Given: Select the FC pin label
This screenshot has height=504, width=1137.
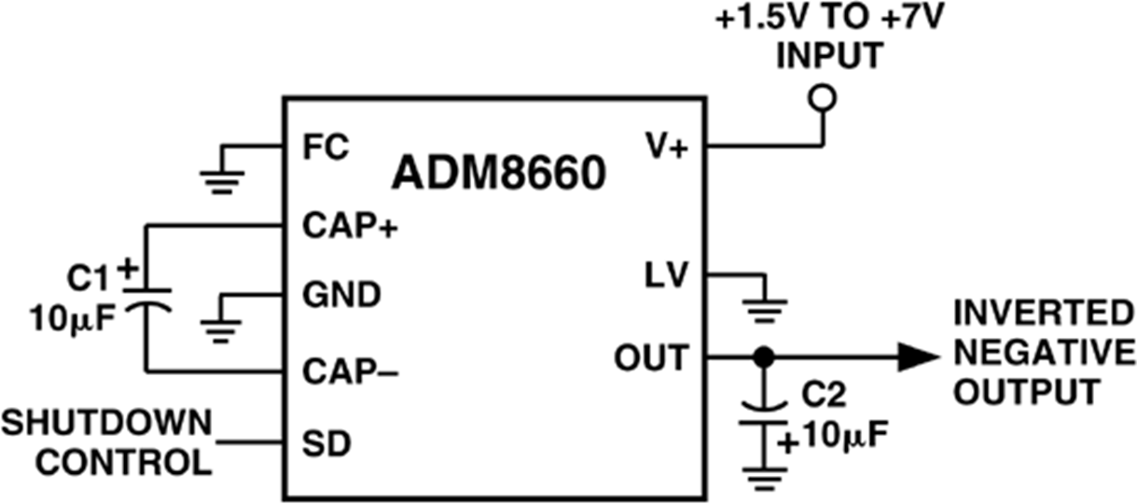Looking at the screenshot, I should [326, 147].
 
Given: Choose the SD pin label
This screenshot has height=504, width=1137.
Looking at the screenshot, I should [326, 444].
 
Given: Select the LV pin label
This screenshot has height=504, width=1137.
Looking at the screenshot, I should [665, 276].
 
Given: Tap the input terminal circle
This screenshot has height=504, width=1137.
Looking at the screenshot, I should [823, 97].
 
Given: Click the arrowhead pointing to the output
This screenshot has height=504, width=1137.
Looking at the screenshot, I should [917, 357].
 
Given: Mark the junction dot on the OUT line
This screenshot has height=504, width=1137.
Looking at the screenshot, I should [764, 357].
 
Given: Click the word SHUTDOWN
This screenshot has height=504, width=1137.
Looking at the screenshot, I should [106, 425].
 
